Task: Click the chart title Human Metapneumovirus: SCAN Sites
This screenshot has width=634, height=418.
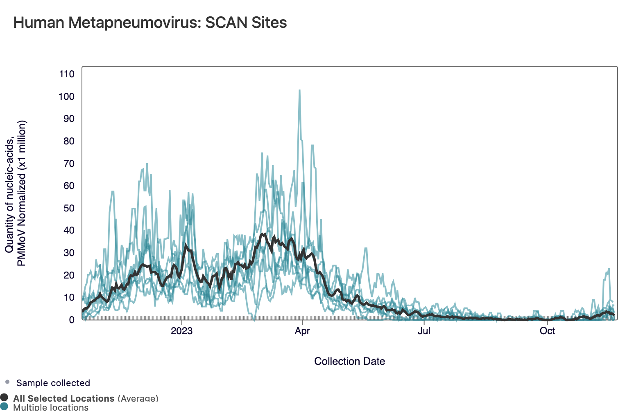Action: pos(150,22)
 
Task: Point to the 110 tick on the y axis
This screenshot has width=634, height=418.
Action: pos(67,74)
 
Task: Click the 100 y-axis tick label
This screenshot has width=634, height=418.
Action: pos(67,97)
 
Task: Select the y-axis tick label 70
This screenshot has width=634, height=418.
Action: pos(68,164)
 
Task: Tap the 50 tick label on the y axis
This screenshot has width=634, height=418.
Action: pos(68,208)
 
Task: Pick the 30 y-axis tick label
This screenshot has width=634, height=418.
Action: pos(68,253)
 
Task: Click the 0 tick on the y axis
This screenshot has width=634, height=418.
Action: pos(72,320)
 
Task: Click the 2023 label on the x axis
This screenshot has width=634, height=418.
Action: pos(181,331)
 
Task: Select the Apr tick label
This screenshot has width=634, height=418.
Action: pos(302,331)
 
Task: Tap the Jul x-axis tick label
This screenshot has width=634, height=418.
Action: pos(424,331)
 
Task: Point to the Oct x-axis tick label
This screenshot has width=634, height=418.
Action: pos(547,331)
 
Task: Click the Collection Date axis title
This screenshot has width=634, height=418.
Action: pos(349,362)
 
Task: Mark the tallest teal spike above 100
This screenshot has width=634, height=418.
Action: pos(299,90)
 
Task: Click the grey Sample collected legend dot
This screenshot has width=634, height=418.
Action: pos(7,382)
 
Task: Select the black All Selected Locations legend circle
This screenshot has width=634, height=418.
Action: pos(4,398)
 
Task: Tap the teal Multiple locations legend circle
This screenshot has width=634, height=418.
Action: pos(4,407)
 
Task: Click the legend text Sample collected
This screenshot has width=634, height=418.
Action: pos(53,383)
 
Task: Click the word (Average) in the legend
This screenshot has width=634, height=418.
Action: pos(138,398)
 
